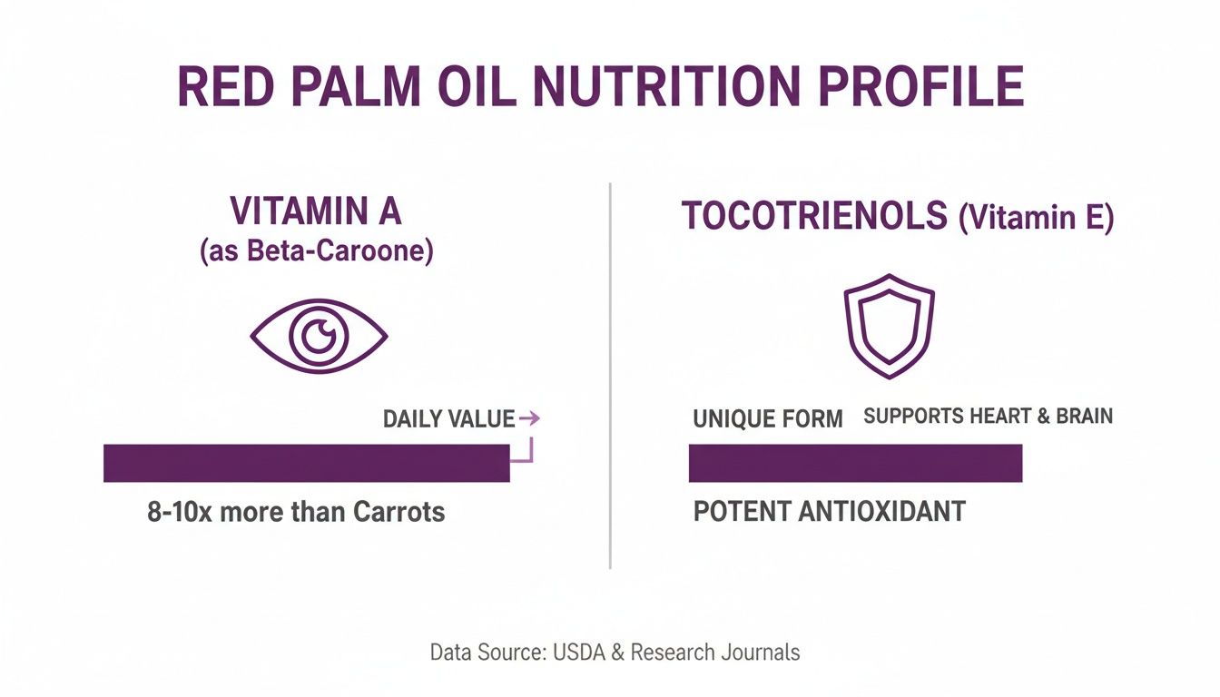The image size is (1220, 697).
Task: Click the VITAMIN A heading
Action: tap(316, 211)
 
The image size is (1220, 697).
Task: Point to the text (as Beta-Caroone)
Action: tap(316, 250)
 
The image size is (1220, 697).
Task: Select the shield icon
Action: tap(889, 327)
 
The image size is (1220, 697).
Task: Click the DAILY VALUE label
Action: tap(448, 419)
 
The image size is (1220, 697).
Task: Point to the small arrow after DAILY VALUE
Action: tap(529, 418)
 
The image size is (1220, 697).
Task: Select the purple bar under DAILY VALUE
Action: tap(307, 463)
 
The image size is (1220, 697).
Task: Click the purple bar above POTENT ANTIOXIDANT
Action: tap(855, 463)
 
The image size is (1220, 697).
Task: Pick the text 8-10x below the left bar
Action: tap(179, 512)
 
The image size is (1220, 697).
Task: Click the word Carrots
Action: tap(399, 512)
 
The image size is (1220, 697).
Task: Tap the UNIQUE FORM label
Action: tap(768, 419)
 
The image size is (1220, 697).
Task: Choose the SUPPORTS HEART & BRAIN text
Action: tap(988, 417)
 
